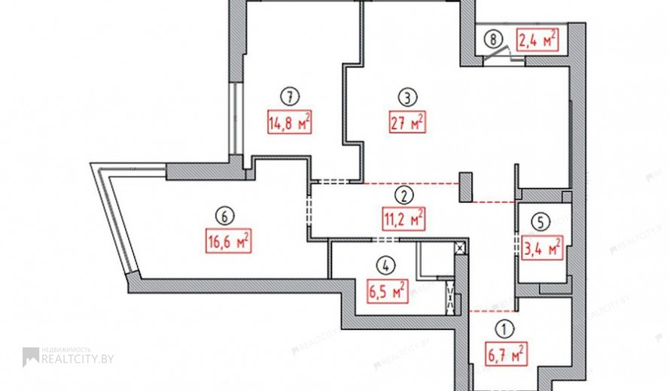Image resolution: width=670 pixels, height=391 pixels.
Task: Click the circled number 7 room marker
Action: pos(290,96)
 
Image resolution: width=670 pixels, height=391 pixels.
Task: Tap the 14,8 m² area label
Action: pos(289,122)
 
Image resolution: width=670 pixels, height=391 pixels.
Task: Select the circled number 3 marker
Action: pos(407,98)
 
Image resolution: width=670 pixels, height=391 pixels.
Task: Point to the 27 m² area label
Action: pos(407,122)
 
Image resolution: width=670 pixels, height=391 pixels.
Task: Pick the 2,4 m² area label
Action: pos(538,40)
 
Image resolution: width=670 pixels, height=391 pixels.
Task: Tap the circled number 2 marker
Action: pos(404,195)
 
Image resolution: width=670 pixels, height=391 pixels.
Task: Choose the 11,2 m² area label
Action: pos(404,219)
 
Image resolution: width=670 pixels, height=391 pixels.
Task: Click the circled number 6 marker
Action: pos(225,217)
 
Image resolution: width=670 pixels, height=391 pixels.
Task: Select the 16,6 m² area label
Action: pos(228,241)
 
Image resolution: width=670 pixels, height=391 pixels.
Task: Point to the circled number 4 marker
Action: pos(386,266)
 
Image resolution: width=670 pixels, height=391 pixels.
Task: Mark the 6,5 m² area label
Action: pos(387,291)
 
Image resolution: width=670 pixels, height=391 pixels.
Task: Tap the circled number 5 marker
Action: pos(541,222)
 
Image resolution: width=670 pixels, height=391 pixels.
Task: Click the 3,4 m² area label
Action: pos(542,248)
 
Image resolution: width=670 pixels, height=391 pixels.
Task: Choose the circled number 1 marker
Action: pos(505,329)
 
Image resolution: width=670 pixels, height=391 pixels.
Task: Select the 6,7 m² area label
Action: pos(506,354)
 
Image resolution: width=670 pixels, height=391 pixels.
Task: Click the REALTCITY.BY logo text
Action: pos(78,359)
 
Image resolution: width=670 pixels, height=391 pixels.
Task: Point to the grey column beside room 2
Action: pos(466,187)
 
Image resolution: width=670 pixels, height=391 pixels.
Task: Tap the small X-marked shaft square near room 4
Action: pos(460,248)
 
